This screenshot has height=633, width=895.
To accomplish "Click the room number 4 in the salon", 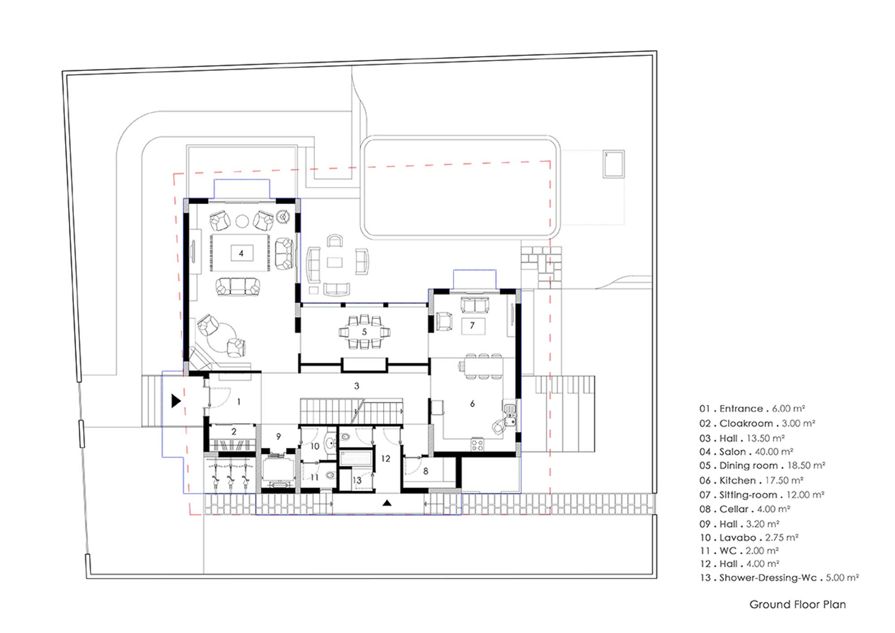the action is pos(241,253).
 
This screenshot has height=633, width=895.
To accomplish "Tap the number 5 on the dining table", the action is pos(364,332).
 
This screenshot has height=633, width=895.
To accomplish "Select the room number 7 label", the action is pos(472,325).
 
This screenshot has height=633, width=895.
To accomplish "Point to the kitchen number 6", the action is pos(472,404).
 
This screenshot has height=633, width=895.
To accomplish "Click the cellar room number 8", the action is pos(426,471).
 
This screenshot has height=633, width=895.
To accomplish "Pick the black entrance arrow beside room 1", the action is pos(176,401).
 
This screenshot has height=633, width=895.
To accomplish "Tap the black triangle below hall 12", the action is pos(387,503).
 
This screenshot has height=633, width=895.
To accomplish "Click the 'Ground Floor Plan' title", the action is pos(797,604).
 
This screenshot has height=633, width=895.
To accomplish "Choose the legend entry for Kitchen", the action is pos(751,480).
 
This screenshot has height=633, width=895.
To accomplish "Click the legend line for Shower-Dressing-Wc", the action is pos(779,577).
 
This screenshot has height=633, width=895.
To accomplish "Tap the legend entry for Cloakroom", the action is pos(757,423).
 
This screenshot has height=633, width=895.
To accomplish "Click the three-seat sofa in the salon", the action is pos(238,287).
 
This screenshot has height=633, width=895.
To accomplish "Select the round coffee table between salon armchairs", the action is pos(242,221).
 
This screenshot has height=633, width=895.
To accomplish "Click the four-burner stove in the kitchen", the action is pos(477,445).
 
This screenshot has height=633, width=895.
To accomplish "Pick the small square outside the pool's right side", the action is pos(614,164).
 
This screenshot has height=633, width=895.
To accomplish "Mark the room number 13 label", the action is pos(357,480).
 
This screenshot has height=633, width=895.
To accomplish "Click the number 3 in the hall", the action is pos(357,386).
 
